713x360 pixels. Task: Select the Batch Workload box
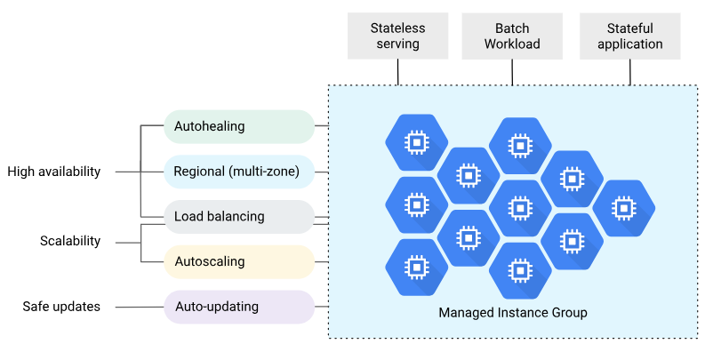pos(512,36)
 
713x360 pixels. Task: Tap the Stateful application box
pos(629,36)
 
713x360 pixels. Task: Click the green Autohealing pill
pos(239,126)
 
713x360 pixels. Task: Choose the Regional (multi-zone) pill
pos(239,172)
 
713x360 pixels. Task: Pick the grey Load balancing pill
pos(239,217)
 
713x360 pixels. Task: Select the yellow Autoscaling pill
pos(239,262)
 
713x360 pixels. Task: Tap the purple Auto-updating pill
pos(239,307)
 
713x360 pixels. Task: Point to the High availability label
pos(54,172)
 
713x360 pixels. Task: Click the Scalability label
pos(70,241)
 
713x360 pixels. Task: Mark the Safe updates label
pos(61,307)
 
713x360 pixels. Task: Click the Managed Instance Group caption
pos(513,313)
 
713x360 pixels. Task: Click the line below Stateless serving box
pos(397,71)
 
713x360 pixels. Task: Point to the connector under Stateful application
pos(630,71)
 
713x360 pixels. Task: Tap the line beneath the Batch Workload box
pos(513,71)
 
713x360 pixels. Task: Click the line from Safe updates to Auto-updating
pos(139,307)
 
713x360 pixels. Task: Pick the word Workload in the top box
pos(512,44)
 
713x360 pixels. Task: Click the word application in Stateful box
pos(629,44)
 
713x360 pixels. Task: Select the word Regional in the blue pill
pos(200,172)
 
